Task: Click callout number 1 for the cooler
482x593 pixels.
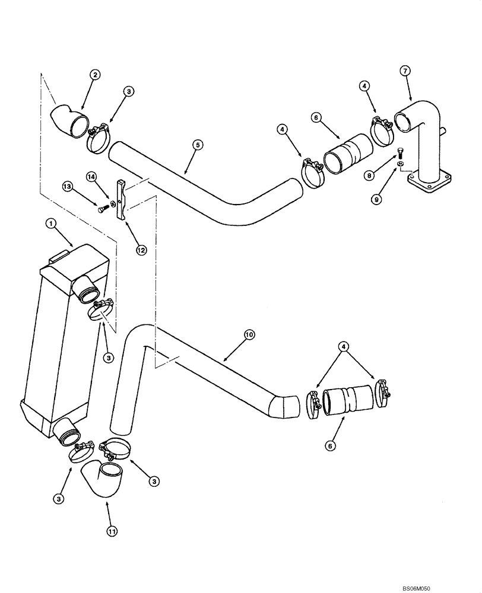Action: tap(51, 224)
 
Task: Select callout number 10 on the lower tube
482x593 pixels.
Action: tap(249, 335)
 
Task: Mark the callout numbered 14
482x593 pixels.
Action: tap(91, 176)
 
